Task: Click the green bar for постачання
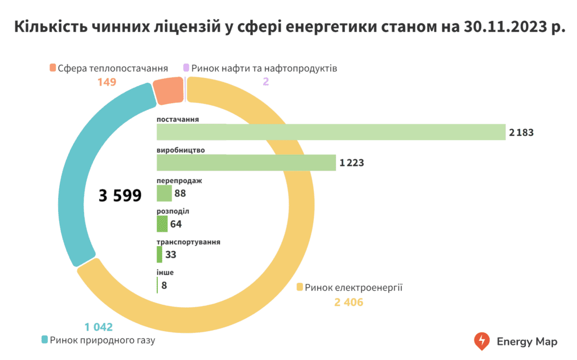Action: (331, 132)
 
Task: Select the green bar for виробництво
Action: (246, 163)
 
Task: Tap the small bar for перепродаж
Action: (164, 194)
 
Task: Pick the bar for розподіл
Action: (162, 224)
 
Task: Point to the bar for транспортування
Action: (159, 255)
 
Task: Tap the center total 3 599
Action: (119, 195)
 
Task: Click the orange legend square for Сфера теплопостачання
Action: (53, 68)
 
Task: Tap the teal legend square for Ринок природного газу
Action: (45, 340)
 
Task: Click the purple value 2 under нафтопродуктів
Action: (266, 82)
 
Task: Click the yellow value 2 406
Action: (349, 303)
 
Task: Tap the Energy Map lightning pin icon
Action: (482, 341)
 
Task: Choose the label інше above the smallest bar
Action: (165, 273)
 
